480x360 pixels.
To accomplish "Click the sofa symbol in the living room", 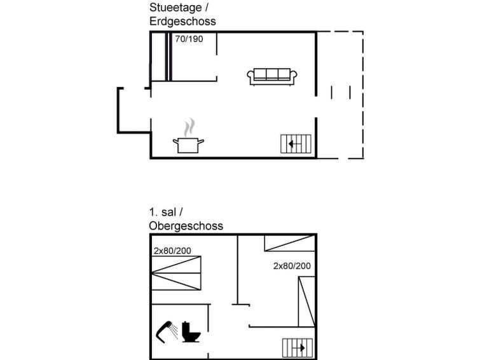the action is (x=272, y=76).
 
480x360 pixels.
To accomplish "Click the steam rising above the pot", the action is (x=189, y=127).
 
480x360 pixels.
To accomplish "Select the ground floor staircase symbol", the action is (x=296, y=144).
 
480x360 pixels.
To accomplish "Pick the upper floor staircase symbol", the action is (x=298, y=348).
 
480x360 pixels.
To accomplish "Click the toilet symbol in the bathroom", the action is (x=191, y=331).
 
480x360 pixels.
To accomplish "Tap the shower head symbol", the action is (x=167, y=331).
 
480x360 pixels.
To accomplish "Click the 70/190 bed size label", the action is (x=189, y=39).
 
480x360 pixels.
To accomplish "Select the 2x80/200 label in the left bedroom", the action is (x=172, y=251).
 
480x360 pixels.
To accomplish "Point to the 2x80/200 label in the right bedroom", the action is (x=292, y=266).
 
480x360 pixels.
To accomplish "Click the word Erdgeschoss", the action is (x=182, y=21).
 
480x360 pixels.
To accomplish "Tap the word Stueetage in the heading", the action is (x=175, y=8).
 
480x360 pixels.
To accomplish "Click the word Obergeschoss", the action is (x=186, y=226).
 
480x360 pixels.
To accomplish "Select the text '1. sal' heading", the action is (x=163, y=212).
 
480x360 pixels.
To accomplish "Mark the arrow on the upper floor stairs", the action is (x=299, y=348).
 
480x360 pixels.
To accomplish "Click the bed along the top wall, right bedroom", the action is (x=290, y=243).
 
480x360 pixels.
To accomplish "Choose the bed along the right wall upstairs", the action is (x=306, y=301).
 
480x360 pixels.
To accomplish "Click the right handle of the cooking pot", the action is (x=201, y=141).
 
